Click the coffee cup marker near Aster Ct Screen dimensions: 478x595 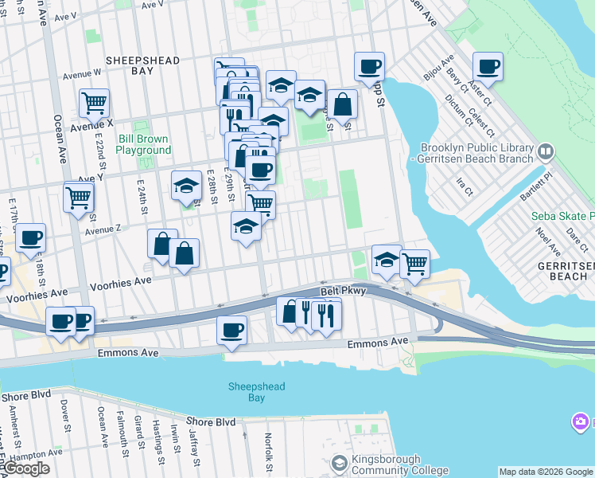[488, 67]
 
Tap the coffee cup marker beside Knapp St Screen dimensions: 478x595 [369, 67]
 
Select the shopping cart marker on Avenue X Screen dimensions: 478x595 [94, 103]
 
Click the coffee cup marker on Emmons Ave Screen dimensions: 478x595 [231, 331]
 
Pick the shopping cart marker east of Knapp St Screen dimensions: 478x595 [414, 264]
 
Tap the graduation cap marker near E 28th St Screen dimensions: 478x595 [186, 187]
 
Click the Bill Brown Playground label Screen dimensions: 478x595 [144, 144]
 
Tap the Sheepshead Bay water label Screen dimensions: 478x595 [256, 392]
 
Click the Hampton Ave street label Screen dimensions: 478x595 [32, 455]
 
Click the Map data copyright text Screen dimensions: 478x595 [546, 472]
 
